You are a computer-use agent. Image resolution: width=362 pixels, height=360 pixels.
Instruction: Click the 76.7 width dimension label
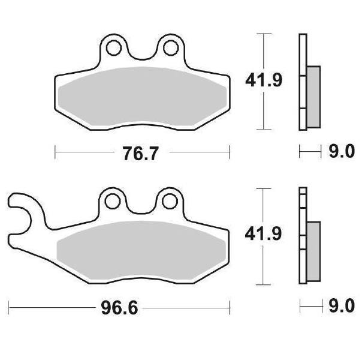click(141, 154)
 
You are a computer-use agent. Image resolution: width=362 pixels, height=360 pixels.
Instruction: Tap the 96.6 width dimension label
click(119, 308)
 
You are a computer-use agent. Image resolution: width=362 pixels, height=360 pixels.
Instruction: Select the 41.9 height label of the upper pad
click(264, 80)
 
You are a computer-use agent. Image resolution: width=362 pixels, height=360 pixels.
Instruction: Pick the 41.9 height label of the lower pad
click(263, 234)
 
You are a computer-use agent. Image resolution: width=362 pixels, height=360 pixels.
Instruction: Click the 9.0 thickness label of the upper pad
click(342, 151)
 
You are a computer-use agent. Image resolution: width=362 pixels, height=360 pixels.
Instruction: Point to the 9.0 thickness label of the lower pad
click(342, 305)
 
